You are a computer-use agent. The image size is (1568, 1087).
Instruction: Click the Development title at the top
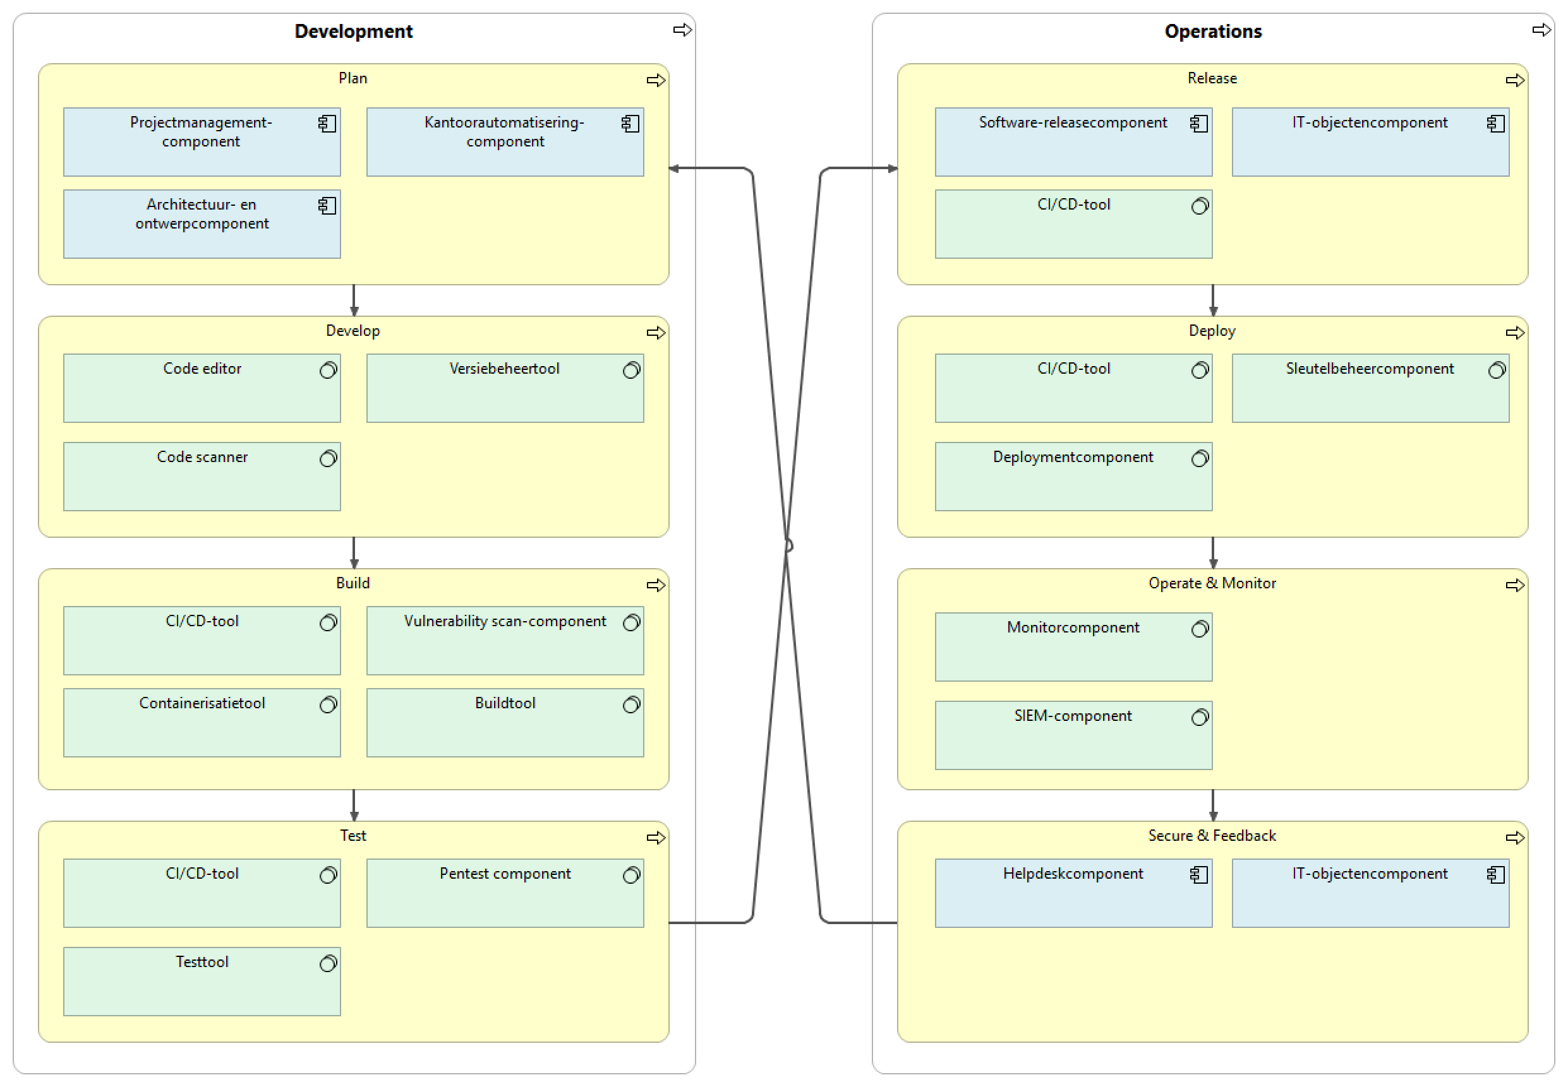tap(353, 32)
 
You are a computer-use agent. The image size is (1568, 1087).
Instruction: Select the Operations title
tap(1212, 32)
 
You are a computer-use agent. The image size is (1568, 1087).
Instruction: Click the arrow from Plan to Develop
tap(354, 300)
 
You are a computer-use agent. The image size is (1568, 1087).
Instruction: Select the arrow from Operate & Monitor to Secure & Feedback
tap(1212, 805)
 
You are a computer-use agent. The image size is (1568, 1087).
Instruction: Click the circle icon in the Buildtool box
tap(631, 704)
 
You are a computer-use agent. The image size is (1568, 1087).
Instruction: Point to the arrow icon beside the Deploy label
tap(1514, 333)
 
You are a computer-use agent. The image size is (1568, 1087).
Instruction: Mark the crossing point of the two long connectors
tap(787, 545)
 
